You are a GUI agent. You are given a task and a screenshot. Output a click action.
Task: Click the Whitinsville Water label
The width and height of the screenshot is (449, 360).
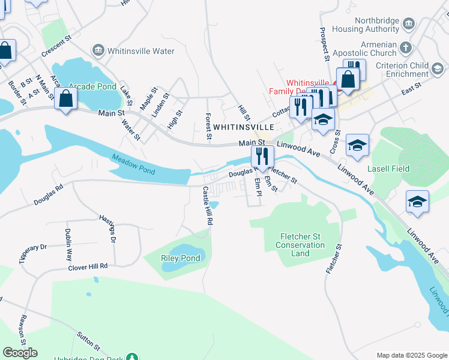tap(140, 51)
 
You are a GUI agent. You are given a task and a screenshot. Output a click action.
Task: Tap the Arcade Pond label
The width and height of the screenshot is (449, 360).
tap(92, 86)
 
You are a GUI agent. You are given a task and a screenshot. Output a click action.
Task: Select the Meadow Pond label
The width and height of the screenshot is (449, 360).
tap(133, 164)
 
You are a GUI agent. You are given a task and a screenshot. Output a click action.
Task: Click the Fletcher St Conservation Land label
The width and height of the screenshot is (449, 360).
tap(301, 245)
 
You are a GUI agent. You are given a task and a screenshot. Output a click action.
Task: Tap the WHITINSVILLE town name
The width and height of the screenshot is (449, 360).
tap(243, 127)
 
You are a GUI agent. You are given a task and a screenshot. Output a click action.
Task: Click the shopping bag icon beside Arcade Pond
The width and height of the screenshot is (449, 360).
tap(65, 99)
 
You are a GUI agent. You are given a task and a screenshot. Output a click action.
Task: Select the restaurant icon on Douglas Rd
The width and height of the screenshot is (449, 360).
tap(262, 157)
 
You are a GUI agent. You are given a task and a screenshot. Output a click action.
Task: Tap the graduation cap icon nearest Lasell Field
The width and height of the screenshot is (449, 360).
tap(357, 146)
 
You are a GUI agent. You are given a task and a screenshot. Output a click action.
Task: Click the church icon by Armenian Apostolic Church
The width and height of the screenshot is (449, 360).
tap(406, 47)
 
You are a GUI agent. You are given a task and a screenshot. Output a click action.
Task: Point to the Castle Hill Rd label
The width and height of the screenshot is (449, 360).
tap(208, 205)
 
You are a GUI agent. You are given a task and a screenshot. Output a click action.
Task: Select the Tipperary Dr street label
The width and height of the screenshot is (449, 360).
tap(33, 254)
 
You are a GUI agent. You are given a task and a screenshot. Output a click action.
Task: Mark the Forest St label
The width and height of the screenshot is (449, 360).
tap(208, 127)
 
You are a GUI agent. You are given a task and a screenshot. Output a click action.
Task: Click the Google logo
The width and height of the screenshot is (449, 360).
tap(20, 353)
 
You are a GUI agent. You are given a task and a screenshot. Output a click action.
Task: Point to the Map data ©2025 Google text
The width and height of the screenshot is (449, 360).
tap(411, 355)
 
